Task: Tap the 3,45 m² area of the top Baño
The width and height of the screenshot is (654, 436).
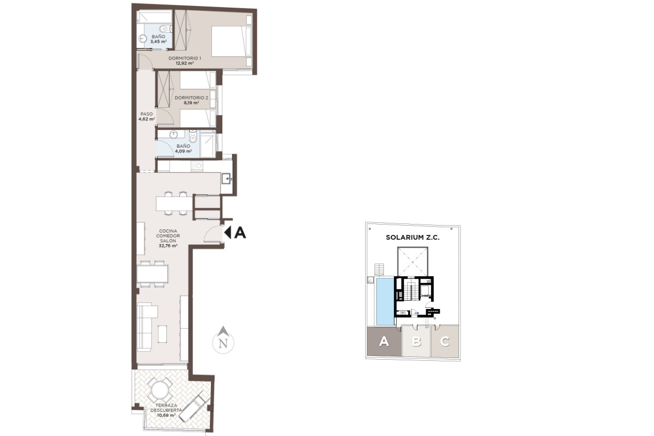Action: [159, 42]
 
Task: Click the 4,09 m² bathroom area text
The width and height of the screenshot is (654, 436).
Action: [183, 152]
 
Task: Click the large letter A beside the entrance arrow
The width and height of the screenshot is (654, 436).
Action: [240, 233]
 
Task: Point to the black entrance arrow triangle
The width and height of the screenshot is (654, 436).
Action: [228, 233]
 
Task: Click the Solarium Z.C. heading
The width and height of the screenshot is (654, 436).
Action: [413, 238]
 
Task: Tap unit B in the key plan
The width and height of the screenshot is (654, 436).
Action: [416, 341]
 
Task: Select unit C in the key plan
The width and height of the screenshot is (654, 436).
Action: [445, 341]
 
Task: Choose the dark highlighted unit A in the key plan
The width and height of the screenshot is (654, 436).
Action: [384, 341]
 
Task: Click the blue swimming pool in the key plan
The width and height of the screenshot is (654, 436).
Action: [385, 302]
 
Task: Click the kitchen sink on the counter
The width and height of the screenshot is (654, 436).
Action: [226, 178]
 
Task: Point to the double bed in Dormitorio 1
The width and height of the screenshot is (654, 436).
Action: [231, 41]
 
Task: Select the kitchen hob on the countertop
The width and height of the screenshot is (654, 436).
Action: [197, 166]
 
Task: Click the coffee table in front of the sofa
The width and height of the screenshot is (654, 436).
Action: [162, 334]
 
